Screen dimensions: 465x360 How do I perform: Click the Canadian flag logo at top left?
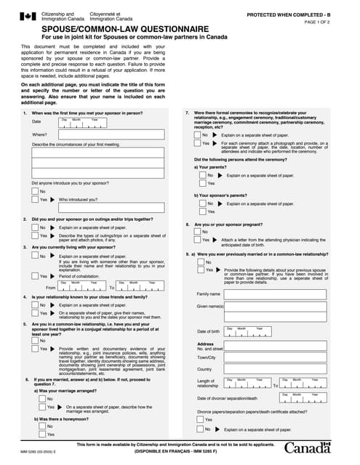27,17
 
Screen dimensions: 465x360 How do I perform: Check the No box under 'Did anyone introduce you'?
36,191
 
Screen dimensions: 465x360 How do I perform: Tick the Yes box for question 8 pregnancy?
194,240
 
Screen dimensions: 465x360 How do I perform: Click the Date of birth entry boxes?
248,332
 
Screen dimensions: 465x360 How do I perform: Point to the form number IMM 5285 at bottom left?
33,453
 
